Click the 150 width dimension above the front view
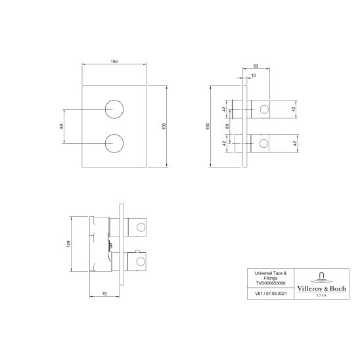(114, 60)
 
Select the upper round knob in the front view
(115, 107)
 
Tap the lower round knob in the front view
(115, 142)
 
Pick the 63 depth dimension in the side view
(256, 66)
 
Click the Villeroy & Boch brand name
(322, 287)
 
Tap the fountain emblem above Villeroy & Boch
(322, 275)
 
